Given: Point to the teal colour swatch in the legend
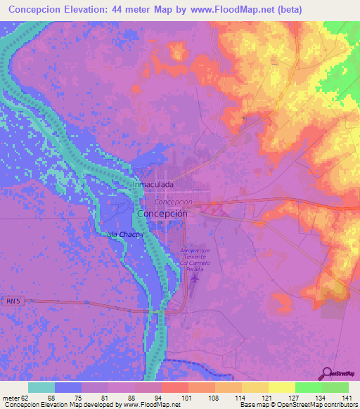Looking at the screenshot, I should pos(41,387).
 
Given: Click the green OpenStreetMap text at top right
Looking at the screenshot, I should pos(340,67).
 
